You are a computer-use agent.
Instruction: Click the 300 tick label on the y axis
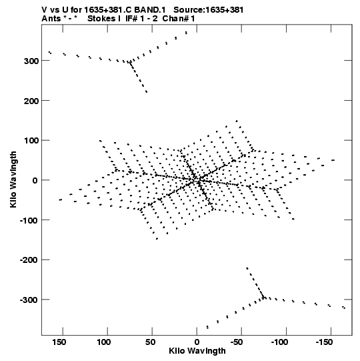pyautogui.click(x=31, y=61)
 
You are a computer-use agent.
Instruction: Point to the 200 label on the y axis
pyautogui.click(x=31, y=101)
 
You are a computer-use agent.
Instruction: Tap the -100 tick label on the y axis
pyautogui.click(x=29, y=221)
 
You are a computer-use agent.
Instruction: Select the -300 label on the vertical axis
pyautogui.click(x=29, y=300)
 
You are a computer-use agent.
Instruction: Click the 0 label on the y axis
pyautogui.click(x=35, y=181)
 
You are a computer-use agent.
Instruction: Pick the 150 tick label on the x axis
pyautogui.click(x=59, y=342)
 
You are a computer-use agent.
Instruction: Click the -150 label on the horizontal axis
pyautogui.click(x=324, y=342)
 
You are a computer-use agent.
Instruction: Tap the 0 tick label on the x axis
pyautogui.click(x=197, y=342)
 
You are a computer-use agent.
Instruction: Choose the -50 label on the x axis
pyautogui.click(x=237, y=342)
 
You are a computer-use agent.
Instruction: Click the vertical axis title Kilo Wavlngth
pyautogui.click(x=13, y=179)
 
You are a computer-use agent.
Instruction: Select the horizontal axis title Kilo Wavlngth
pyautogui.click(x=197, y=351)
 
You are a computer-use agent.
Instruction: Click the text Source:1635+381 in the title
pyautogui.click(x=209, y=10)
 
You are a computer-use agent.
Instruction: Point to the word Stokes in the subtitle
pyautogui.click(x=104, y=19)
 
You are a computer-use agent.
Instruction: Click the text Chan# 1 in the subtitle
pyautogui.click(x=179, y=19)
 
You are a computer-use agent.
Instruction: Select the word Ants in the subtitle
pyautogui.click(x=51, y=19)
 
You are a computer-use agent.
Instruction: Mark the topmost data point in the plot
pyautogui.click(x=186, y=33)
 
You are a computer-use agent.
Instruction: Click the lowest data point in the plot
pyautogui.click(x=207, y=327)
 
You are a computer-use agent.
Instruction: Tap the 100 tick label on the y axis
pyautogui.click(x=31, y=141)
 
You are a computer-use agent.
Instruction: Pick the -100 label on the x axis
pyautogui.click(x=279, y=342)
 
